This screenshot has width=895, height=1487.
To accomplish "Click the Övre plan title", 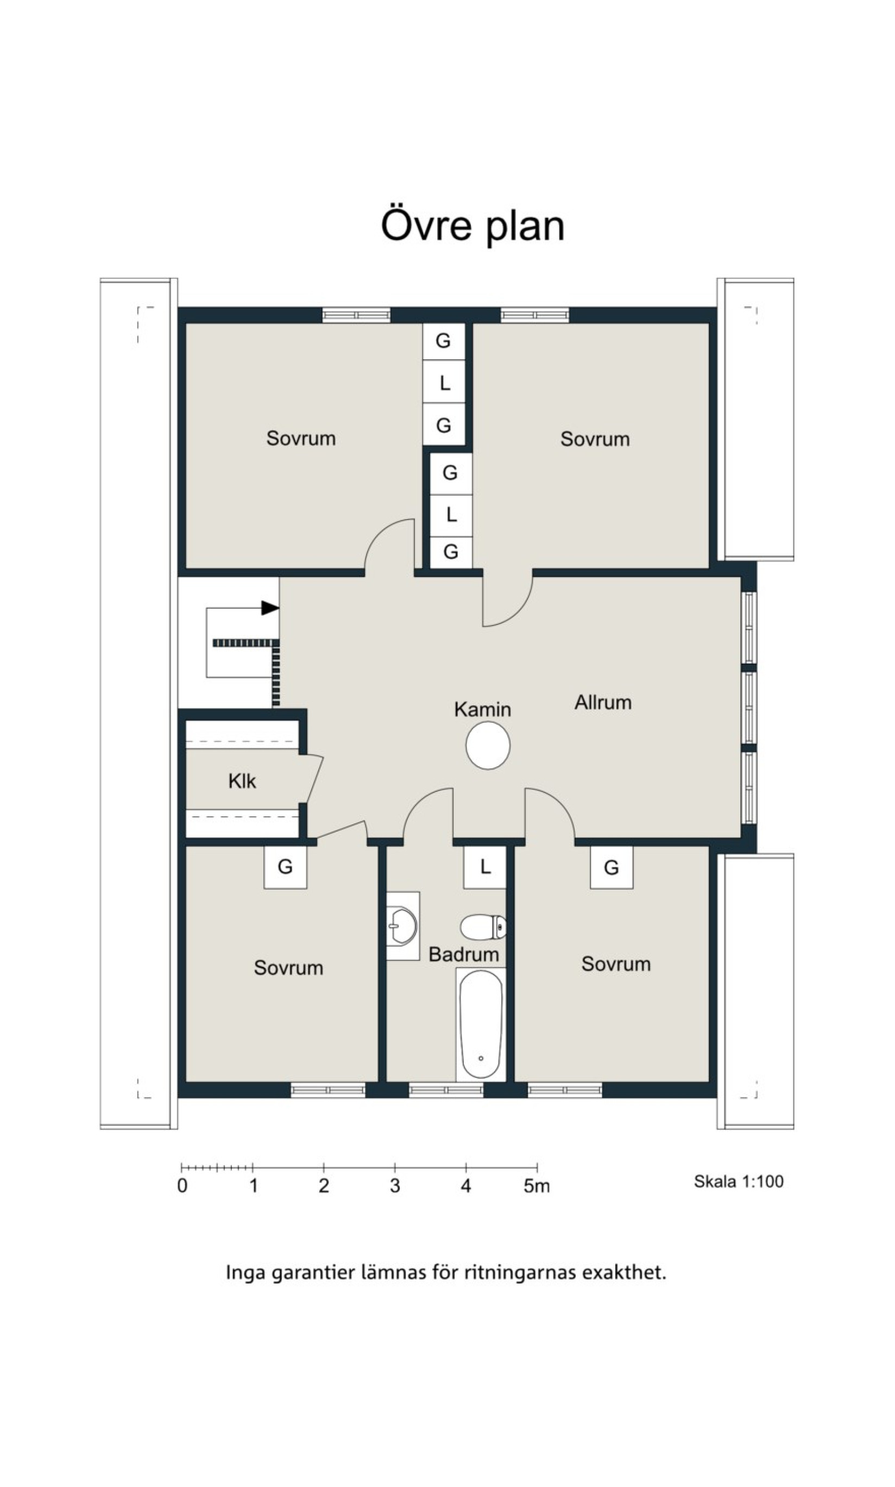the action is (x=473, y=226).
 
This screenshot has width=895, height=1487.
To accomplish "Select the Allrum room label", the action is (x=603, y=702).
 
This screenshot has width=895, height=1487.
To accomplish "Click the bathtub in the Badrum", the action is (x=481, y=1024).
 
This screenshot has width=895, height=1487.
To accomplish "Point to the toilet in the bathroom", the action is (x=483, y=927).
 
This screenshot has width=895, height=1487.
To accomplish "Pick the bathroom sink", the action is (x=403, y=926).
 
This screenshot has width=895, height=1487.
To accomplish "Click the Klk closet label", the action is (x=242, y=782).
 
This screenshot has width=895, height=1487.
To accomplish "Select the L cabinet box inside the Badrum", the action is (x=484, y=867).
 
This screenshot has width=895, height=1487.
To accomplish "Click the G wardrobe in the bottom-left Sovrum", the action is (x=285, y=867).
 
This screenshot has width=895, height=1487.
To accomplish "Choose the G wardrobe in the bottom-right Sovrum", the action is (x=612, y=867).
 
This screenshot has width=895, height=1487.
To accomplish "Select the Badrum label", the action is (x=464, y=954).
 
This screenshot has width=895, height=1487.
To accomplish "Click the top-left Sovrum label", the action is (x=301, y=438).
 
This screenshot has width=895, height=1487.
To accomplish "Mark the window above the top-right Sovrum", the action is (x=535, y=315).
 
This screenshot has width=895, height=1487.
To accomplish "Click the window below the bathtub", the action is (x=446, y=1090).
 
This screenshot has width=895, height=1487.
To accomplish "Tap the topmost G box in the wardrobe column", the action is (x=443, y=341).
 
